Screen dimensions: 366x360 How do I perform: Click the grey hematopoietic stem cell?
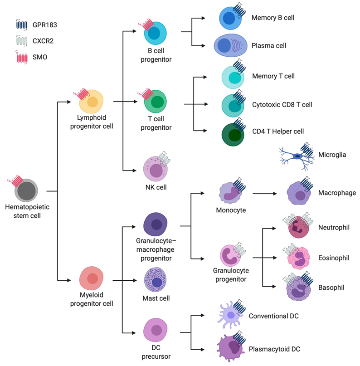click(x=27, y=190)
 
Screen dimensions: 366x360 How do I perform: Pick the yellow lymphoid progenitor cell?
click(x=92, y=102)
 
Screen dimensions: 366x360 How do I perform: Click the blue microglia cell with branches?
click(x=297, y=156)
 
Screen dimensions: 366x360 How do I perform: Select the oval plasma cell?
click(x=230, y=46)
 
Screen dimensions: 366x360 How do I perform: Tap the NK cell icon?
click(x=155, y=171)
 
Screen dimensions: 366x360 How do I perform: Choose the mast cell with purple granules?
click(x=155, y=280)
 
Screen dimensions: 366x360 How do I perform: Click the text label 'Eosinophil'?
click(x=334, y=258)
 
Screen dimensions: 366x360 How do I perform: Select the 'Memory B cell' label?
click(x=272, y=18)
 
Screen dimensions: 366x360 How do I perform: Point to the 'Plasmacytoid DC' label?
click(x=274, y=349)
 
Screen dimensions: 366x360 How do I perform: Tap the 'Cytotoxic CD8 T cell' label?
click(x=282, y=105)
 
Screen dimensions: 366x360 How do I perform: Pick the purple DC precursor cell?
click(x=155, y=331)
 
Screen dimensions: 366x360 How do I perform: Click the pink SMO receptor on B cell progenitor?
click(x=148, y=25)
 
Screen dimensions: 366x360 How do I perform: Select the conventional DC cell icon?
click(x=231, y=315)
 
